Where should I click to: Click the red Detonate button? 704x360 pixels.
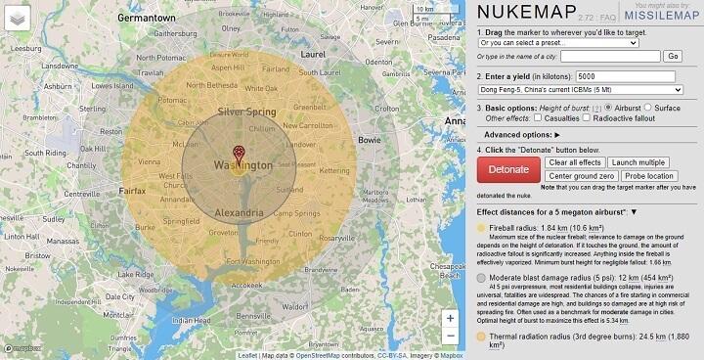(508, 169)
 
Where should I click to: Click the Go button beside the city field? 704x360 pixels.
(672, 56)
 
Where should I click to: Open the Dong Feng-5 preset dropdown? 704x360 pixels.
(580, 89)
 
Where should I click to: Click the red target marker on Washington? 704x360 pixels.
(239, 152)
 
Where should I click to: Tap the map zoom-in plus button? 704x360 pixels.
(450, 317)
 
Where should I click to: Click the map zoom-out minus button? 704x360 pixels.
(450, 336)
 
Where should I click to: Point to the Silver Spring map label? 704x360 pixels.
(248, 112)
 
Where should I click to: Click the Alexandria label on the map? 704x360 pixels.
(238, 212)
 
